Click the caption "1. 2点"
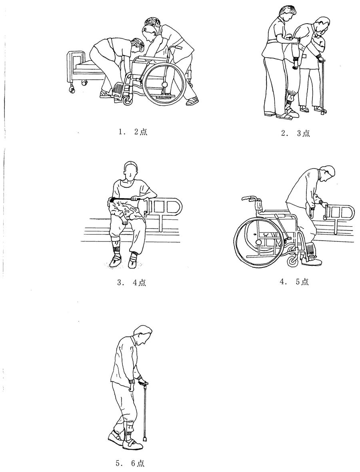(x=133, y=132)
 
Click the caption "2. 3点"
(x=295, y=133)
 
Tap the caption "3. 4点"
(x=132, y=282)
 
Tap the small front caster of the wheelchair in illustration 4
(x=292, y=261)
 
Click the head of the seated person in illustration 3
(x=131, y=171)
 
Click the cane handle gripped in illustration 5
(x=143, y=383)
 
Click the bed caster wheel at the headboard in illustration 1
(x=72, y=89)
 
